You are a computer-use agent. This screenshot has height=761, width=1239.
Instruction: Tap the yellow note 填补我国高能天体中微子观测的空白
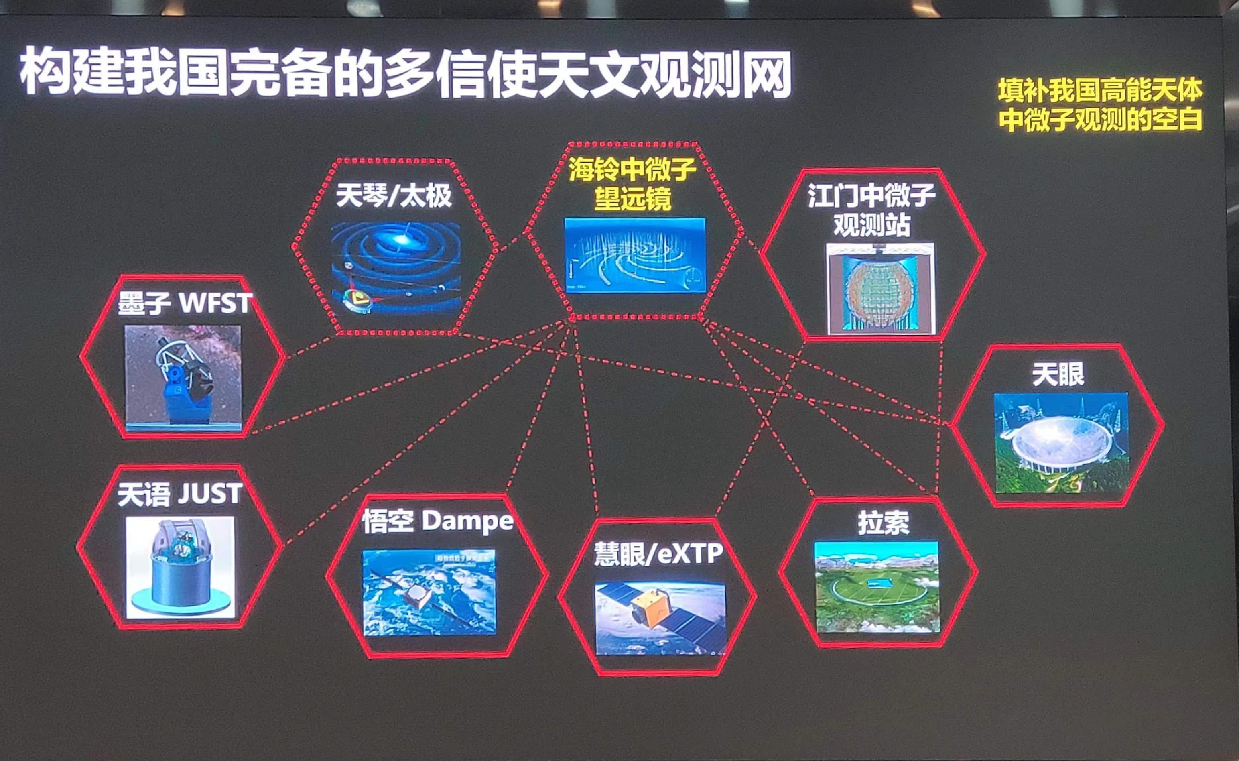pos(1100,106)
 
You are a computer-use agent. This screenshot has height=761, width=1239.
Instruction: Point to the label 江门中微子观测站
pos(871,210)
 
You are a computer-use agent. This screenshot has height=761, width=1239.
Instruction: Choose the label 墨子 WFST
pos(185,303)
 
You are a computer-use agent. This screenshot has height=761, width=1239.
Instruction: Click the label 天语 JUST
pos(180,494)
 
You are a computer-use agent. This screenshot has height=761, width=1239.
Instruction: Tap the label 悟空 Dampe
pos(437,521)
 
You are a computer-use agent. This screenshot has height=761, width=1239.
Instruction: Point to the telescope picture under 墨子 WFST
pos(183,377)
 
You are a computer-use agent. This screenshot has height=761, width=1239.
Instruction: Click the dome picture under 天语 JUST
pos(180,567)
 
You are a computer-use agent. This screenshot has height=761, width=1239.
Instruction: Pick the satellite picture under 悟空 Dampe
pos(429,592)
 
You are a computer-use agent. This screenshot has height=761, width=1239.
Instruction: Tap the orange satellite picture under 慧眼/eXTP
pos(660,619)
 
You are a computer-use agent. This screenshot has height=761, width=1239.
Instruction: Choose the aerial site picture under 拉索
pos(877,586)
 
